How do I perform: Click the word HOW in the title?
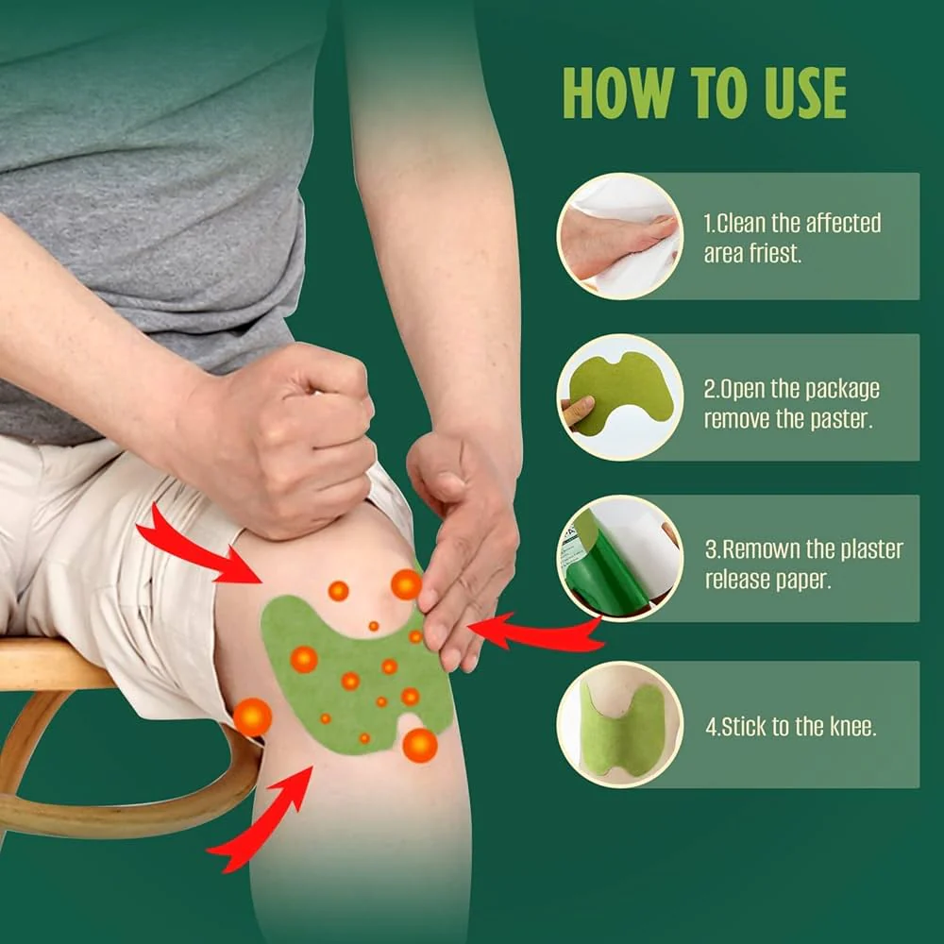click(x=617, y=93)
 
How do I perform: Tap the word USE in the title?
click(x=802, y=93)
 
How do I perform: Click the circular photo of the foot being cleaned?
click(x=620, y=236)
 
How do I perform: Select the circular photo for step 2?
click(x=620, y=397)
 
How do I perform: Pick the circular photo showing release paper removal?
click(x=620, y=558)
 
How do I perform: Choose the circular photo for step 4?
click(x=620, y=725)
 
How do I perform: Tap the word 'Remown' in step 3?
click(x=760, y=549)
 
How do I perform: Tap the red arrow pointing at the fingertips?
click(x=536, y=632)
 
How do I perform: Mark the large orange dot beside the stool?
click(x=252, y=717)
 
